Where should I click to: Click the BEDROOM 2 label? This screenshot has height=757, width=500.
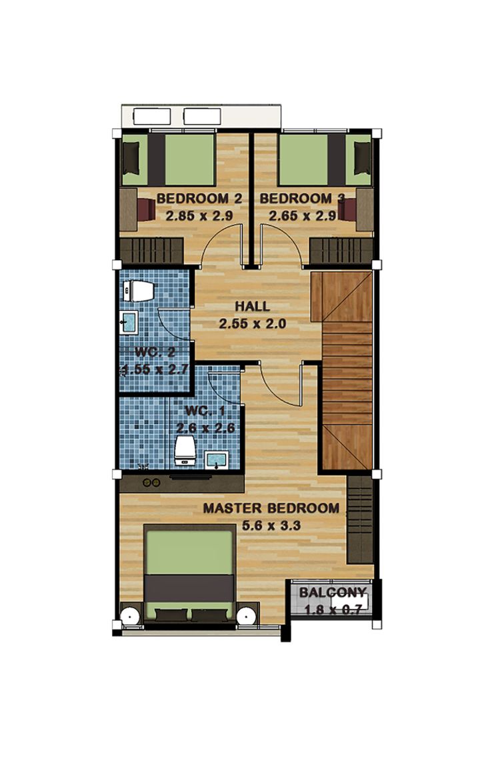[199, 199]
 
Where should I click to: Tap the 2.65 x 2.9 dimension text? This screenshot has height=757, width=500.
[303, 216]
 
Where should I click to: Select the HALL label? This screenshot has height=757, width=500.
[253, 306]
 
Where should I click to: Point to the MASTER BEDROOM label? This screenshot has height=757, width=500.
[271, 508]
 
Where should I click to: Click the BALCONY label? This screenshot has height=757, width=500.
[333, 592]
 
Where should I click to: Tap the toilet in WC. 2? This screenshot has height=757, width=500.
[139, 291]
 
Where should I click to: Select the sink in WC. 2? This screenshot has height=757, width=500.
[129, 322]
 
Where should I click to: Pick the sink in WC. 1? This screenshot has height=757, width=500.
[217, 460]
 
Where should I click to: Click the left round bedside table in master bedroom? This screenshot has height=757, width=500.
[130, 616]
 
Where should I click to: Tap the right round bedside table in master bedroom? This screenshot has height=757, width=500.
[246, 616]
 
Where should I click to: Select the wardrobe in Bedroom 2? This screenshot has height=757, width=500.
[151, 251]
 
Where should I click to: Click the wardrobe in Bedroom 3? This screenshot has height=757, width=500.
[341, 251]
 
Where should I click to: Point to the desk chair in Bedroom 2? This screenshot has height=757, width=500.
[146, 209]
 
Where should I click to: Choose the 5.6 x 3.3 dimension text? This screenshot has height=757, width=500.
[271, 525]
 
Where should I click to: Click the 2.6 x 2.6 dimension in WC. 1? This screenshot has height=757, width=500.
[205, 428]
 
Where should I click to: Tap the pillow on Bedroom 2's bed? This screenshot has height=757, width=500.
[131, 159]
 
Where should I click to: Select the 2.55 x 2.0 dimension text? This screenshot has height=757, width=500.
[253, 323]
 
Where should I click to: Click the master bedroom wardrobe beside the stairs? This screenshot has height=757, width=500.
[360, 519]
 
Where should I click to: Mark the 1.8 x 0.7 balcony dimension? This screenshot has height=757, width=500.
[333, 610]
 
